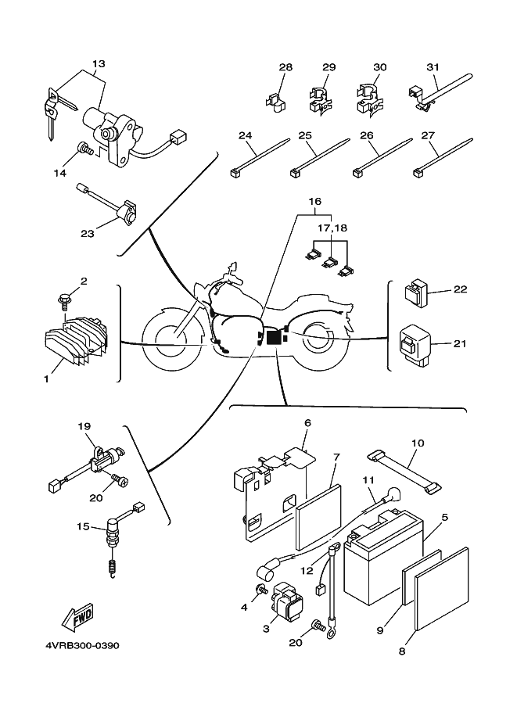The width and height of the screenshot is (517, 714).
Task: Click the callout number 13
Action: (98, 63)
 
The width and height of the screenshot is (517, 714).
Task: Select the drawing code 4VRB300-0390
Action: (77, 646)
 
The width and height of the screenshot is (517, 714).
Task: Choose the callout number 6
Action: (307, 423)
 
